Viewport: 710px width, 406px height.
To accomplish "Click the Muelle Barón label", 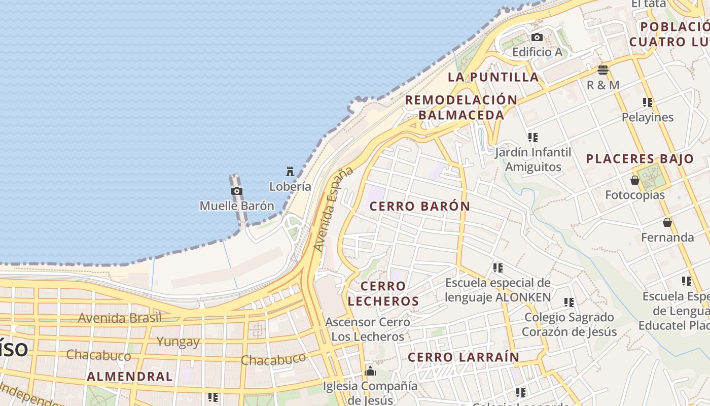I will coord(237,206).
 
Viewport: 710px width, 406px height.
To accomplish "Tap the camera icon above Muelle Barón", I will coord(237,191).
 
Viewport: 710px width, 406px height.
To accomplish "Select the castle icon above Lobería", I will coord(290,172).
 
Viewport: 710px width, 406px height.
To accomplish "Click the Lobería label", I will coord(290,186).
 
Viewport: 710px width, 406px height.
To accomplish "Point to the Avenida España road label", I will coord(333,209).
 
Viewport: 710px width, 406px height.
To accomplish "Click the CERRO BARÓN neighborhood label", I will coord(420,207).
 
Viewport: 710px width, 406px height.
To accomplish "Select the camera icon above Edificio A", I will coord(537,37).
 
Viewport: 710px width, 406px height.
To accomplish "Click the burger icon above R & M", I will coord(603,70).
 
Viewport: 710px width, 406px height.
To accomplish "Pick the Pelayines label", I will coord(648,117).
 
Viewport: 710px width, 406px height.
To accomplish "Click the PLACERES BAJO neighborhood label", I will coord(640,159).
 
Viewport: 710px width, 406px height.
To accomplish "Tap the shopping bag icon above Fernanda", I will coord(667,222).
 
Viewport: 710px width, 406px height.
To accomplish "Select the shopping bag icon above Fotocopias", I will coord(635,180).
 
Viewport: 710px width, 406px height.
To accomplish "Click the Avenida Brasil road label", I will coord(120,318).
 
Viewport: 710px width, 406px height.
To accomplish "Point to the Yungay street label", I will coord(178,341).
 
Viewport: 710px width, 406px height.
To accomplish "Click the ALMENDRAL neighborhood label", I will coord(130,377).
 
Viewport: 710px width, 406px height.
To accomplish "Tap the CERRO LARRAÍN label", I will coord(464,357).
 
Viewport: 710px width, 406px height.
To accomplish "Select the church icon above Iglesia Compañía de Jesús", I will coord(370,371).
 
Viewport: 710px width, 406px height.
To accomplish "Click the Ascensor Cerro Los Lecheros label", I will coord(368,329).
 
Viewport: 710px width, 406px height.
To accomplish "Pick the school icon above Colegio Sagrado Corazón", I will coord(569,302).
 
